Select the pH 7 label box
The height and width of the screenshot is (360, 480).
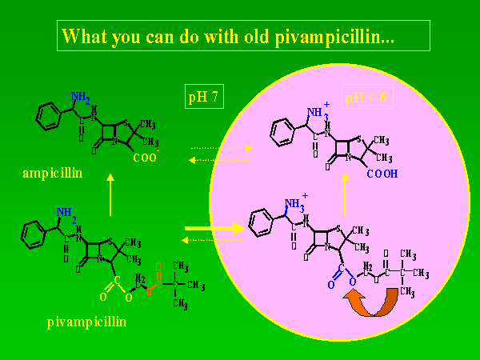[x=203, y=98]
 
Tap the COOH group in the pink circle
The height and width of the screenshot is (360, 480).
[x=385, y=171]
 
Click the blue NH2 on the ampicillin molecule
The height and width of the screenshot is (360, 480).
[x=80, y=98]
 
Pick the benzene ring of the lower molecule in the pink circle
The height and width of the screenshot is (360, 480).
[x=262, y=220]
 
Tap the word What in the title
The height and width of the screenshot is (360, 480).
[x=84, y=36]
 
